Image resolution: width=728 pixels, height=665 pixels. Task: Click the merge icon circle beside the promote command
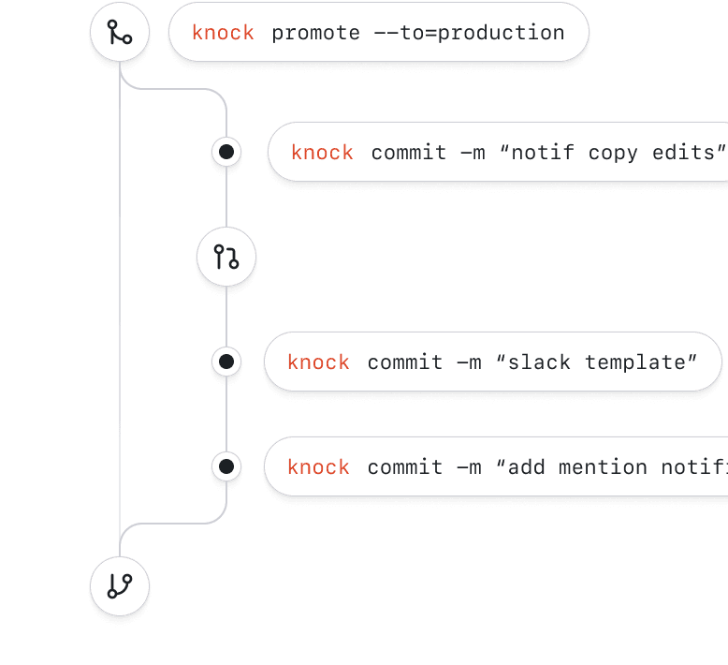click(120, 33)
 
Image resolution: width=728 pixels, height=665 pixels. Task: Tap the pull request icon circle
click(226, 256)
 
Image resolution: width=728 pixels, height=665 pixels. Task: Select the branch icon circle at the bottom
click(120, 587)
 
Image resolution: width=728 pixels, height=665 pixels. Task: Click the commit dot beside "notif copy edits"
click(226, 152)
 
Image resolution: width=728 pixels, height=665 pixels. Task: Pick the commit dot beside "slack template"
click(226, 362)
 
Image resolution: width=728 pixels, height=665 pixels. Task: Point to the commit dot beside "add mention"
click(226, 466)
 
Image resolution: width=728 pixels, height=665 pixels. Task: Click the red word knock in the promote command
click(223, 33)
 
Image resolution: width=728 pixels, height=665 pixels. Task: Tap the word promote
click(315, 33)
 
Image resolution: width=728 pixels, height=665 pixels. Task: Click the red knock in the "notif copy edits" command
click(322, 152)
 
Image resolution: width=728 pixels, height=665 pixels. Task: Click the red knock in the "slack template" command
click(318, 362)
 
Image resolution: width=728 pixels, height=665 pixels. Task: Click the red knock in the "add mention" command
click(318, 466)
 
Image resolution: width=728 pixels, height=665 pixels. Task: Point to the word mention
click(603, 466)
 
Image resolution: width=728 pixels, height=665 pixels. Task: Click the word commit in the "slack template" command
click(405, 362)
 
